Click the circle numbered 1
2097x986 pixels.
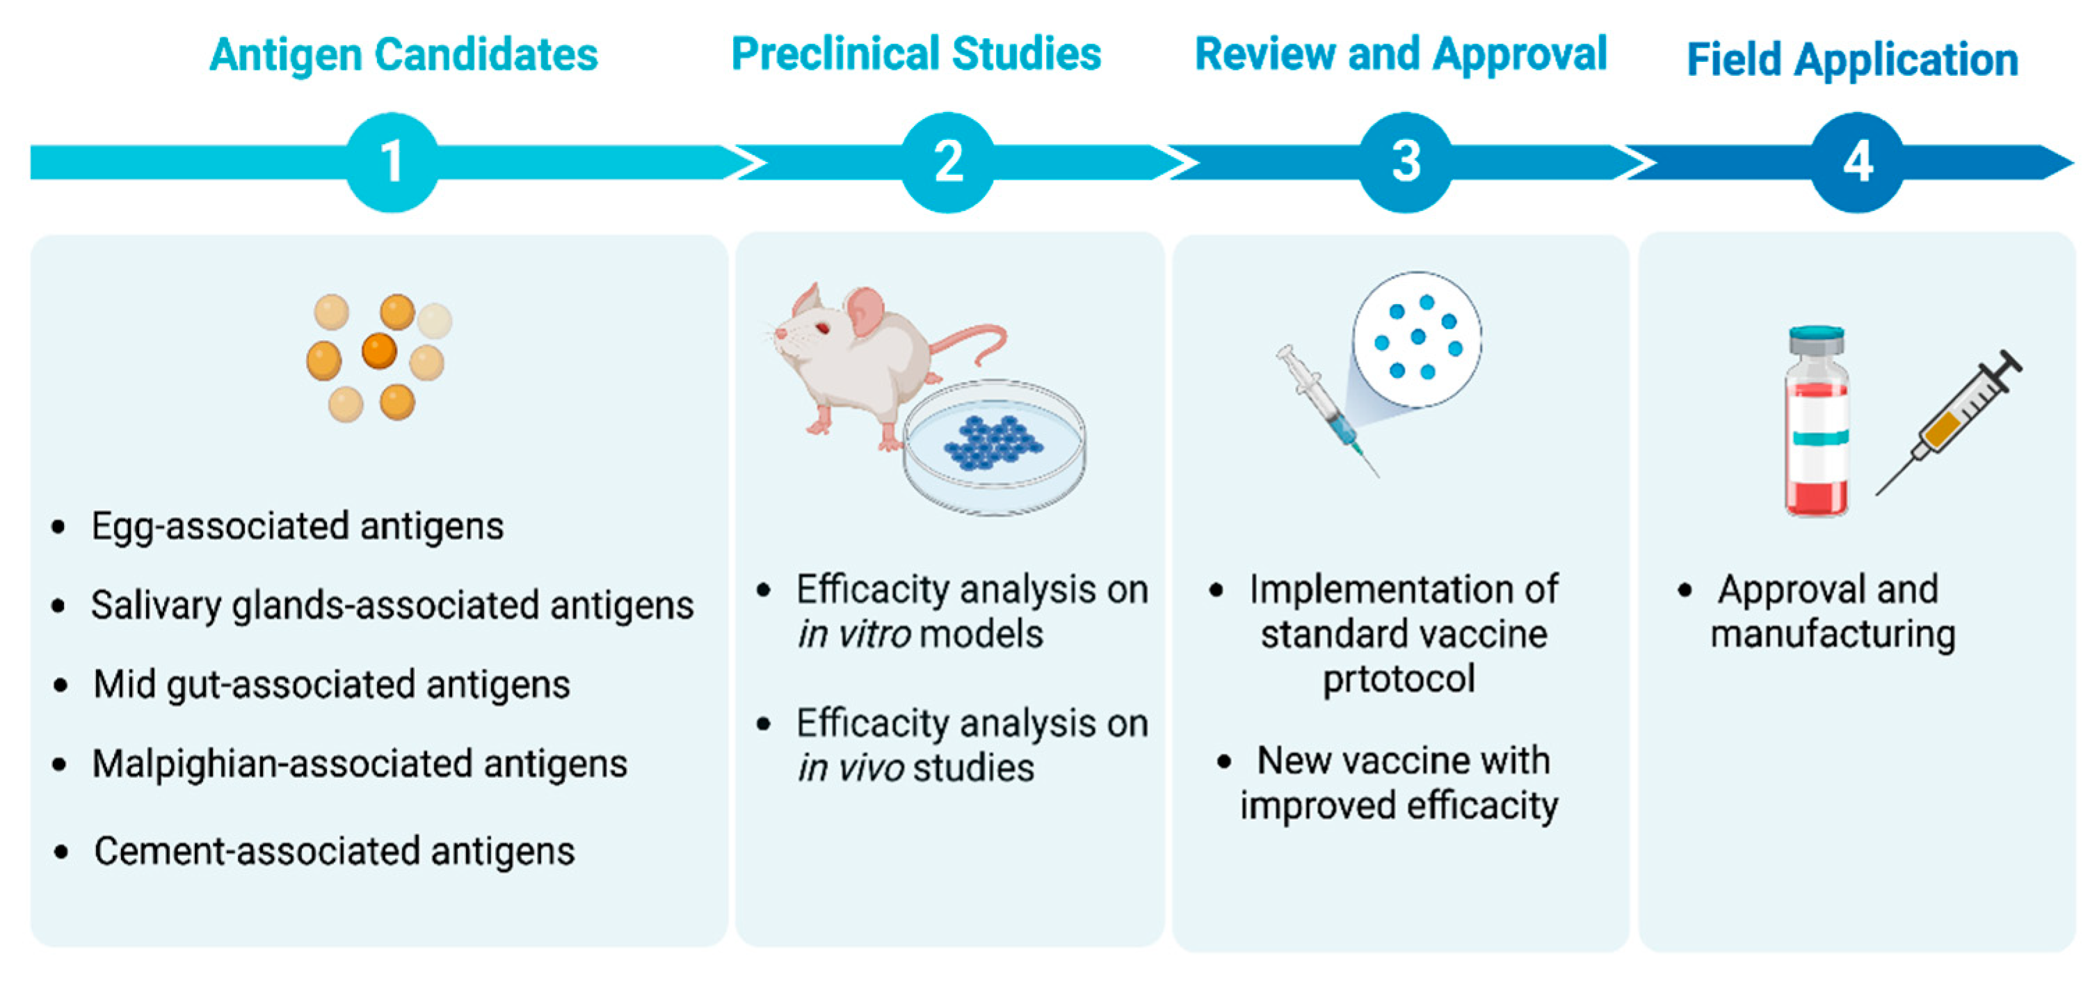tap(392, 162)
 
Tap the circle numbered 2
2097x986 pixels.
tap(947, 162)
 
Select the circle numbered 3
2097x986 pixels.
tap(1406, 162)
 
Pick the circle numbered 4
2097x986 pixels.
tap(1858, 162)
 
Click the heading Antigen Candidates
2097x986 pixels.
tap(404, 56)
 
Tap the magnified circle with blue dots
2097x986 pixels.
tap(1417, 338)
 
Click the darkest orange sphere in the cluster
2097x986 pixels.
tap(379, 351)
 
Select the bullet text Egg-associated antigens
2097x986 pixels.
tap(297, 526)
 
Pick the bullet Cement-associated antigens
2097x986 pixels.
tap(334, 852)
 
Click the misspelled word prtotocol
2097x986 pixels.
tap(1399, 679)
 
